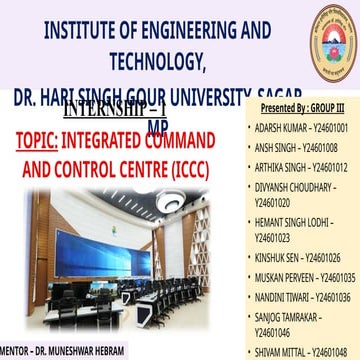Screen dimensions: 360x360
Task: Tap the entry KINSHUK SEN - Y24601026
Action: point(298,257)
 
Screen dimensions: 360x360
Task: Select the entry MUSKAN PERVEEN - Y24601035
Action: point(305,276)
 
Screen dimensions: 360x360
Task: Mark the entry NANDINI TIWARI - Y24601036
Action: point(303,297)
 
